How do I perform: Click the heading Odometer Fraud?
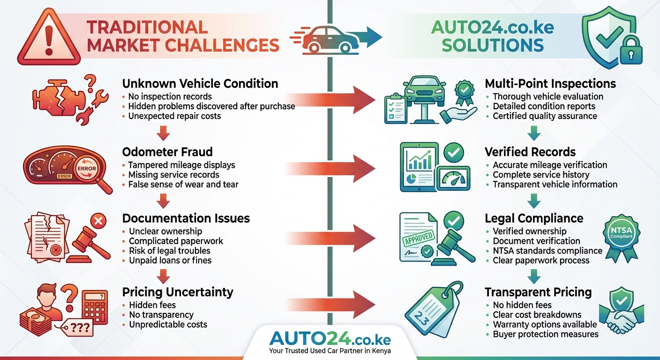[x=167, y=152]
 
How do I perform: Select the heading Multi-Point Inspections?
[x=550, y=84]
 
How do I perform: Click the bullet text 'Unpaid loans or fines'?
[x=170, y=260]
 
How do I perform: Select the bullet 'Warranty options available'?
[x=545, y=324]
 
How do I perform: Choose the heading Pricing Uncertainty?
[x=178, y=292]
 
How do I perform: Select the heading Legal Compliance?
[x=534, y=218]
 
